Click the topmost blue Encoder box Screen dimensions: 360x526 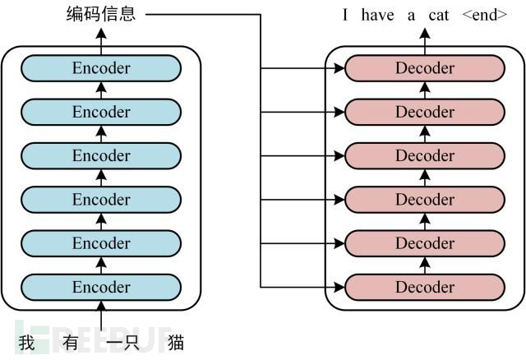(101, 68)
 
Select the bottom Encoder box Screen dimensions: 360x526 (101, 287)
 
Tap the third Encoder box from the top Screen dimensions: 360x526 (101, 155)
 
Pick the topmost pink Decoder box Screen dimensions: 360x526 (425, 68)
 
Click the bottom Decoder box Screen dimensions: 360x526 (425, 287)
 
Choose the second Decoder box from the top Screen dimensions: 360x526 (425, 112)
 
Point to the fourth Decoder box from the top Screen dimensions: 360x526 (425, 200)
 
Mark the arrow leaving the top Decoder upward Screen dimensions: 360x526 (425, 39)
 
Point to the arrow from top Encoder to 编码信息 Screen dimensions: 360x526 (101, 39)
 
